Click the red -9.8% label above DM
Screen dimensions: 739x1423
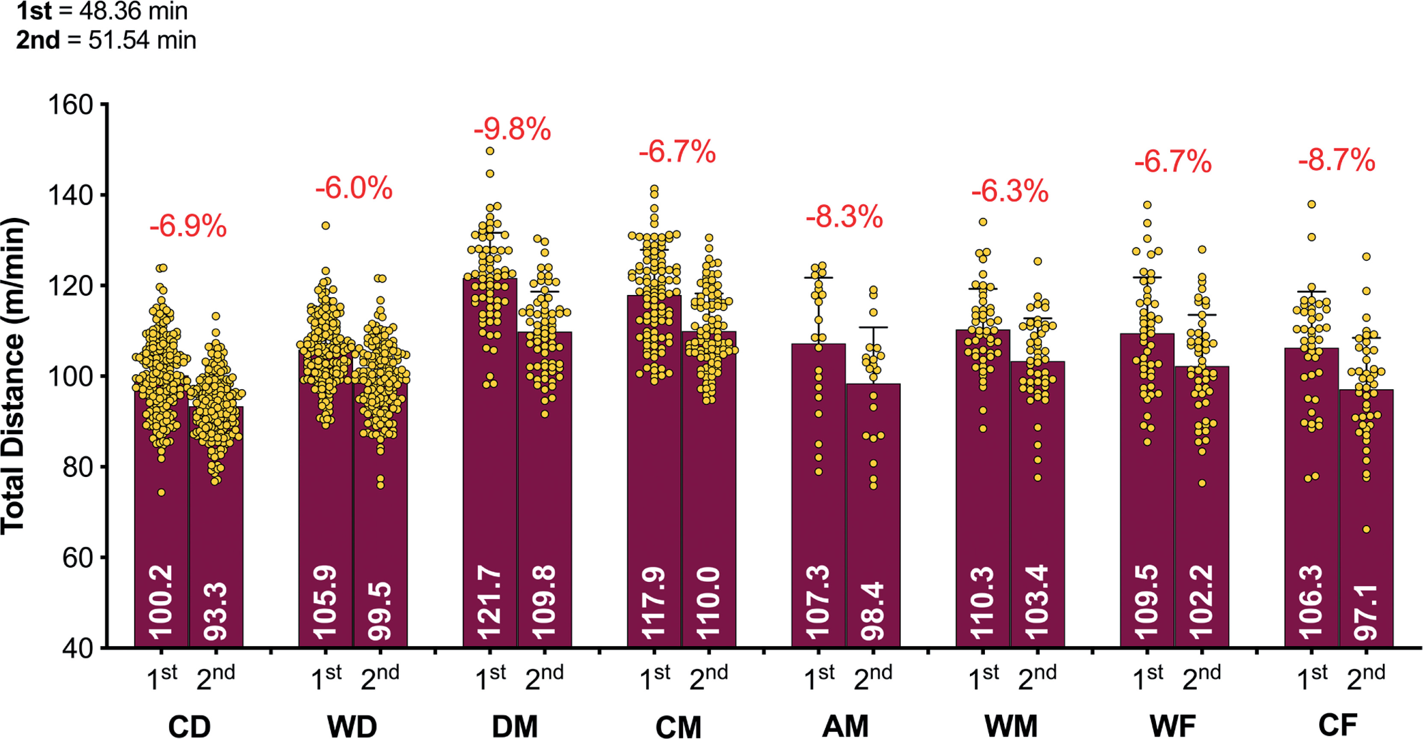point(512,129)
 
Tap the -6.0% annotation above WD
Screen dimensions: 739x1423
point(353,188)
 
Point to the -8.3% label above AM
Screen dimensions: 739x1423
point(844,217)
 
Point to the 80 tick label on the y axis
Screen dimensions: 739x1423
point(77,467)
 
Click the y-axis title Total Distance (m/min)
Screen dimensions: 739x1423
point(13,376)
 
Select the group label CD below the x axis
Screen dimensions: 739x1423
point(189,726)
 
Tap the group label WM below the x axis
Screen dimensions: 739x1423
point(1011,726)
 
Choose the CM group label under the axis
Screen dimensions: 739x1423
point(679,726)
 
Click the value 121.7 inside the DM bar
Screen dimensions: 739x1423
point(489,602)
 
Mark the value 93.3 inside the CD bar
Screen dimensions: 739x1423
point(216,613)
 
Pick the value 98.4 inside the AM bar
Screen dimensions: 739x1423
point(873,611)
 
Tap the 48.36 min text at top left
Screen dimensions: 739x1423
point(133,11)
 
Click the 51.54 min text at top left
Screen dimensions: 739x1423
point(142,40)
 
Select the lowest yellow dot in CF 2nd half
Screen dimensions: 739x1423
point(1366,529)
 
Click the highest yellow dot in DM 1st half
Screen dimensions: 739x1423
point(489,151)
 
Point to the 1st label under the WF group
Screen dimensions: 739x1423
point(1147,677)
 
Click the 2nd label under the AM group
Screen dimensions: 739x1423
point(873,677)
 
